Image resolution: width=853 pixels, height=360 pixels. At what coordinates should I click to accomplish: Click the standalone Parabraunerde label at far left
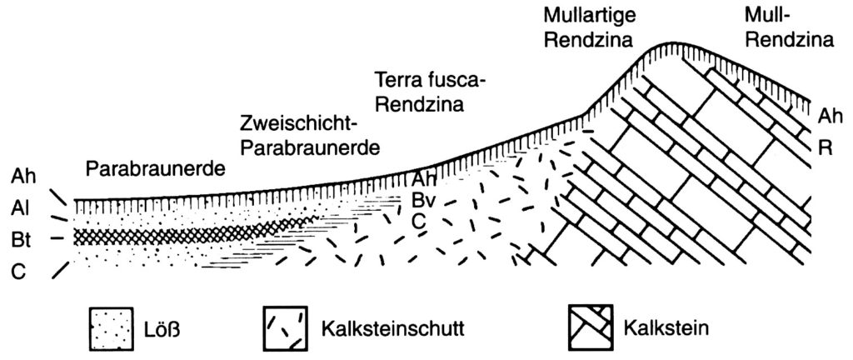click(155, 170)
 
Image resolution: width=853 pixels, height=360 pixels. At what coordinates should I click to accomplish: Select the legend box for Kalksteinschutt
click(286, 327)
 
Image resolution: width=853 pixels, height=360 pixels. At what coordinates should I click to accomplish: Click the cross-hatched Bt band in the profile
click(185, 237)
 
